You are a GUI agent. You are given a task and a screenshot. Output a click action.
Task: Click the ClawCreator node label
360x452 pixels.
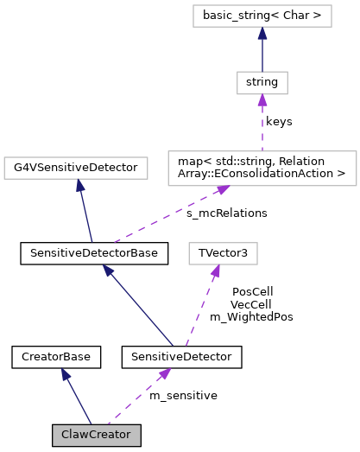(96, 435)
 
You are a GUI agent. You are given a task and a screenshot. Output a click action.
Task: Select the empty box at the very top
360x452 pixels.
(262, 16)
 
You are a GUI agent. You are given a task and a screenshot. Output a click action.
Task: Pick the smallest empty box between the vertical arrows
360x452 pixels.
(262, 83)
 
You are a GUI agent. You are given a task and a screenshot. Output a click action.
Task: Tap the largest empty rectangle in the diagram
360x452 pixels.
(262, 169)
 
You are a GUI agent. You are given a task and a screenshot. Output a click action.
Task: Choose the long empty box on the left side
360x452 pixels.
(76, 168)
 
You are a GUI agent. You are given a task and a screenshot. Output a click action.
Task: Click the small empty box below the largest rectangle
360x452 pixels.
(223, 253)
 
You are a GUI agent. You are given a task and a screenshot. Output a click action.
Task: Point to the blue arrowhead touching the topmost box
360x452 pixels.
(262, 33)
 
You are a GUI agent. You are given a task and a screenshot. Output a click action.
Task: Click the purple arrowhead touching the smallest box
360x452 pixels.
(262, 100)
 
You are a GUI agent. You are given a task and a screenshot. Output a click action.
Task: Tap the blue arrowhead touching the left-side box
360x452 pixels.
(79, 185)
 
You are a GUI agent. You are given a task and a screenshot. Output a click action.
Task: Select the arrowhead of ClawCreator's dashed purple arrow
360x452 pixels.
(164, 373)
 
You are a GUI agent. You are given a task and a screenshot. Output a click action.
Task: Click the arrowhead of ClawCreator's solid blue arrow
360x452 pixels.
(65, 374)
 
